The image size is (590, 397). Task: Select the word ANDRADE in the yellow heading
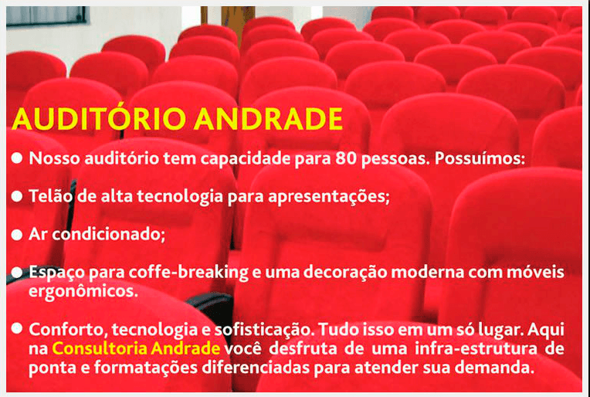(x=268, y=119)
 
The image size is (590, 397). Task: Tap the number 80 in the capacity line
(x=346, y=158)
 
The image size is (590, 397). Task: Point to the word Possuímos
(x=480, y=158)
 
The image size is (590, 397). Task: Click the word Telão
(x=50, y=196)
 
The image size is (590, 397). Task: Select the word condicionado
(x=108, y=235)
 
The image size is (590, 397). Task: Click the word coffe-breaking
(x=188, y=273)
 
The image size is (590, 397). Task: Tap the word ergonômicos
(x=83, y=292)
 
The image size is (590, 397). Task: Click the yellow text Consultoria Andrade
(x=136, y=348)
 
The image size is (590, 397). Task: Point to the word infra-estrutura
(x=476, y=348)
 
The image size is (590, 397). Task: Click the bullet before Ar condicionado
(x=17, y=235)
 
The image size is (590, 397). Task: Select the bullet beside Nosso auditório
(x=17, y=158)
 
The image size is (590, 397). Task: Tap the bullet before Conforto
(x=17, y=328)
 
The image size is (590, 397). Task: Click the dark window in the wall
(x=46, y=15)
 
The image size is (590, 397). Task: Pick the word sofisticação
(x=263, y=330)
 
